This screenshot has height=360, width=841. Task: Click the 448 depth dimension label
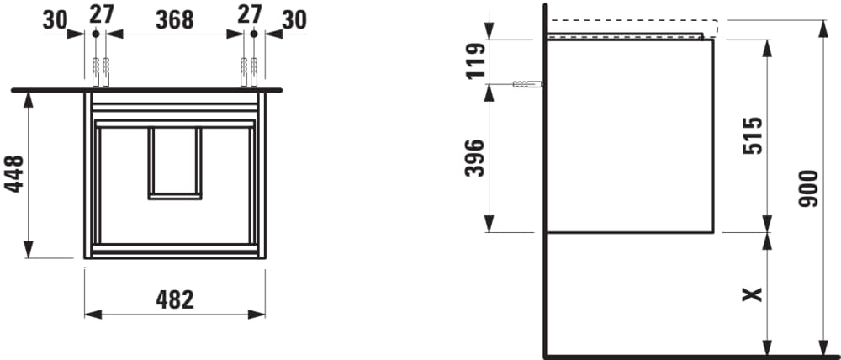[x=14, y=173]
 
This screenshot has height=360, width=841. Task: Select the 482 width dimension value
[x=175, y=300]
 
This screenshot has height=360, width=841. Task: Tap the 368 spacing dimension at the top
[x=175, y=20]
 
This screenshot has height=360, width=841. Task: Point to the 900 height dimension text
[x=808, y=188]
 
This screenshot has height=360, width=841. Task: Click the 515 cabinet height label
[x=753, y=135]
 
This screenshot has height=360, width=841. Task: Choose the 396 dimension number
[x=474, y=158]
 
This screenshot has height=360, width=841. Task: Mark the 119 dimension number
[x=475, y=61]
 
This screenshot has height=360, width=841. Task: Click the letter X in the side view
[x=752, y=294]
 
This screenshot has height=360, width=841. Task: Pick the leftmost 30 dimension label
[x=56, y=20]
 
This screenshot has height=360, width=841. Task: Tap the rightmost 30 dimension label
[x=294, y=20]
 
